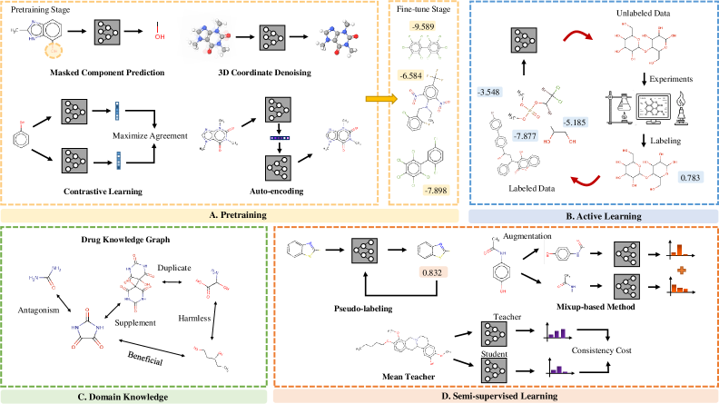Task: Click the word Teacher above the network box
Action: point(504,316)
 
